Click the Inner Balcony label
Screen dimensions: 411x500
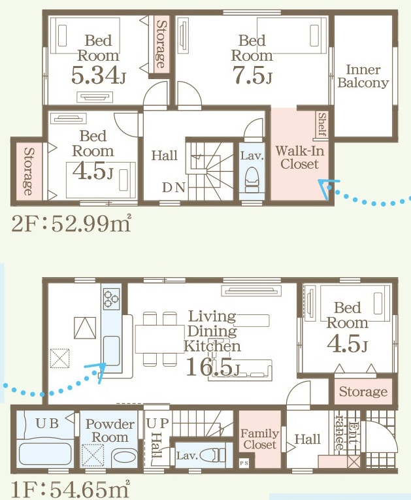tap(363, 76)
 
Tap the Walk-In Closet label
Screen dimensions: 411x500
tap(300, 158)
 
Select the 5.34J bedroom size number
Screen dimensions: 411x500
tap(98, 75)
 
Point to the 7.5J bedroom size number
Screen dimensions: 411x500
tap(252, 75)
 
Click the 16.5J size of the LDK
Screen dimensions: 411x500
tap(212, 367)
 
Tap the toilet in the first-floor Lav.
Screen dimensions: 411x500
tap(213, 455)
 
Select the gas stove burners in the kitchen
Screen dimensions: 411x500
tap(111, 299)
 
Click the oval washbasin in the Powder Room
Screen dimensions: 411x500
tap(124, 458)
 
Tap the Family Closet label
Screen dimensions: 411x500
tap(260, 439)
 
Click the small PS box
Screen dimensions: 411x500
tap(244, 463)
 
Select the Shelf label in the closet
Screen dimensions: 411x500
tap(322, 124)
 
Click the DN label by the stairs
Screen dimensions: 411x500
tap(174, 188)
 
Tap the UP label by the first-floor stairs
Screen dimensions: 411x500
tap(157, 423)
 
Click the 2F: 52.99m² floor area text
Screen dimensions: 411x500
tap(71, 224)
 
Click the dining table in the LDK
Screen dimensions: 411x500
tap(159, 339)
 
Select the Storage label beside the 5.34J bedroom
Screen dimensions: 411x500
tap(161, 44)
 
